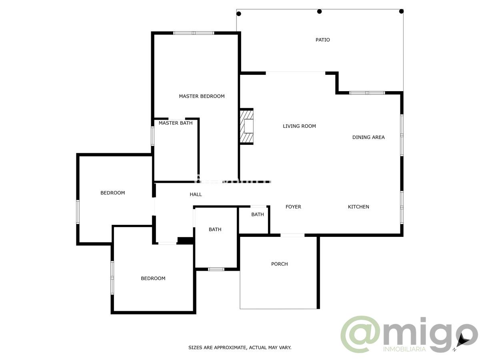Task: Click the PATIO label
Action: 322,40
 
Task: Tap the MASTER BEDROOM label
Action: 202,96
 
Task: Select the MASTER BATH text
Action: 175,123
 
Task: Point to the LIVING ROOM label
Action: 299,126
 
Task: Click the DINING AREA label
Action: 368,137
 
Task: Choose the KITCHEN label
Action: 358,207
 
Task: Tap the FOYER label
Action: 293,207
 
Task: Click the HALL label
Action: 196,194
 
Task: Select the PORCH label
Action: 279,264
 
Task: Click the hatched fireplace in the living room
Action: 247,126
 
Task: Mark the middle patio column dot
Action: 319,11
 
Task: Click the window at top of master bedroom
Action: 194,33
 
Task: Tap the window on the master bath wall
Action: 152,136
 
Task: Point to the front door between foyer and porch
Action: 292,235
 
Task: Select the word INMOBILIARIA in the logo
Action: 404,349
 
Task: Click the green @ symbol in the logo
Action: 360,334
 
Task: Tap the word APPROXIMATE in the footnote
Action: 230,348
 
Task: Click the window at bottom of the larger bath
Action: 216,269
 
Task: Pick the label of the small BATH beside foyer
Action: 258,215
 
